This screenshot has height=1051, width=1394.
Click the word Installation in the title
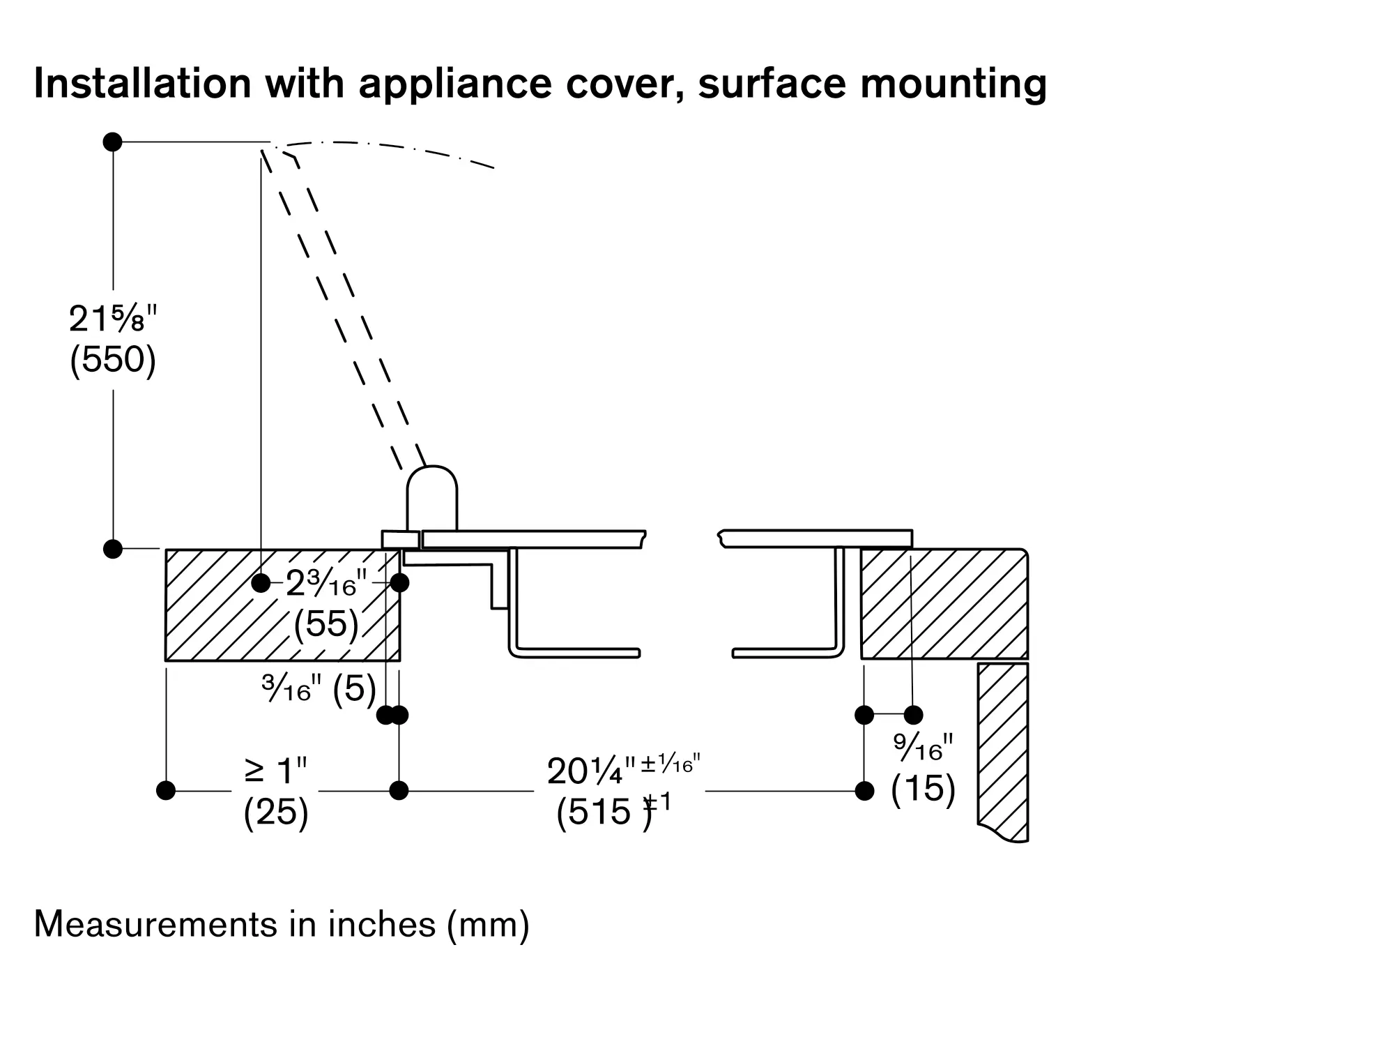[x=142, y=83]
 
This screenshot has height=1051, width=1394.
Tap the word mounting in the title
[x=953, y=84]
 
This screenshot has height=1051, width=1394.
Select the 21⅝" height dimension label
[x=113, y=320]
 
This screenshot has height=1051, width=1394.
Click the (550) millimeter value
[x=113, y=360]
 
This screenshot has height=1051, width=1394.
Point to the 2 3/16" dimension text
[x=325, y=584]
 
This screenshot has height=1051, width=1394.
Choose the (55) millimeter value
[x=325, y=623]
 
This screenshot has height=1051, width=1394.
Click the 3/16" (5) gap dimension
[x=319, y=690]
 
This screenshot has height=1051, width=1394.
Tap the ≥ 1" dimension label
[x=276, y=771]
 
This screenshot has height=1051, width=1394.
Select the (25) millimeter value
[x=276, y=812]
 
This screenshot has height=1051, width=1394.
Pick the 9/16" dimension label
[x=923, y=748]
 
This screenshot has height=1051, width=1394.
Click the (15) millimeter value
[x=923, y=789]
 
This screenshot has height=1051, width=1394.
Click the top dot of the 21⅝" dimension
[x=113, y=142]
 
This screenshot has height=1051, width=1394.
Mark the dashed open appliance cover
[x=342, y=307]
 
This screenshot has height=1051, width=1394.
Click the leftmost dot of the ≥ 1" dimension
[x=166, y=791]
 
